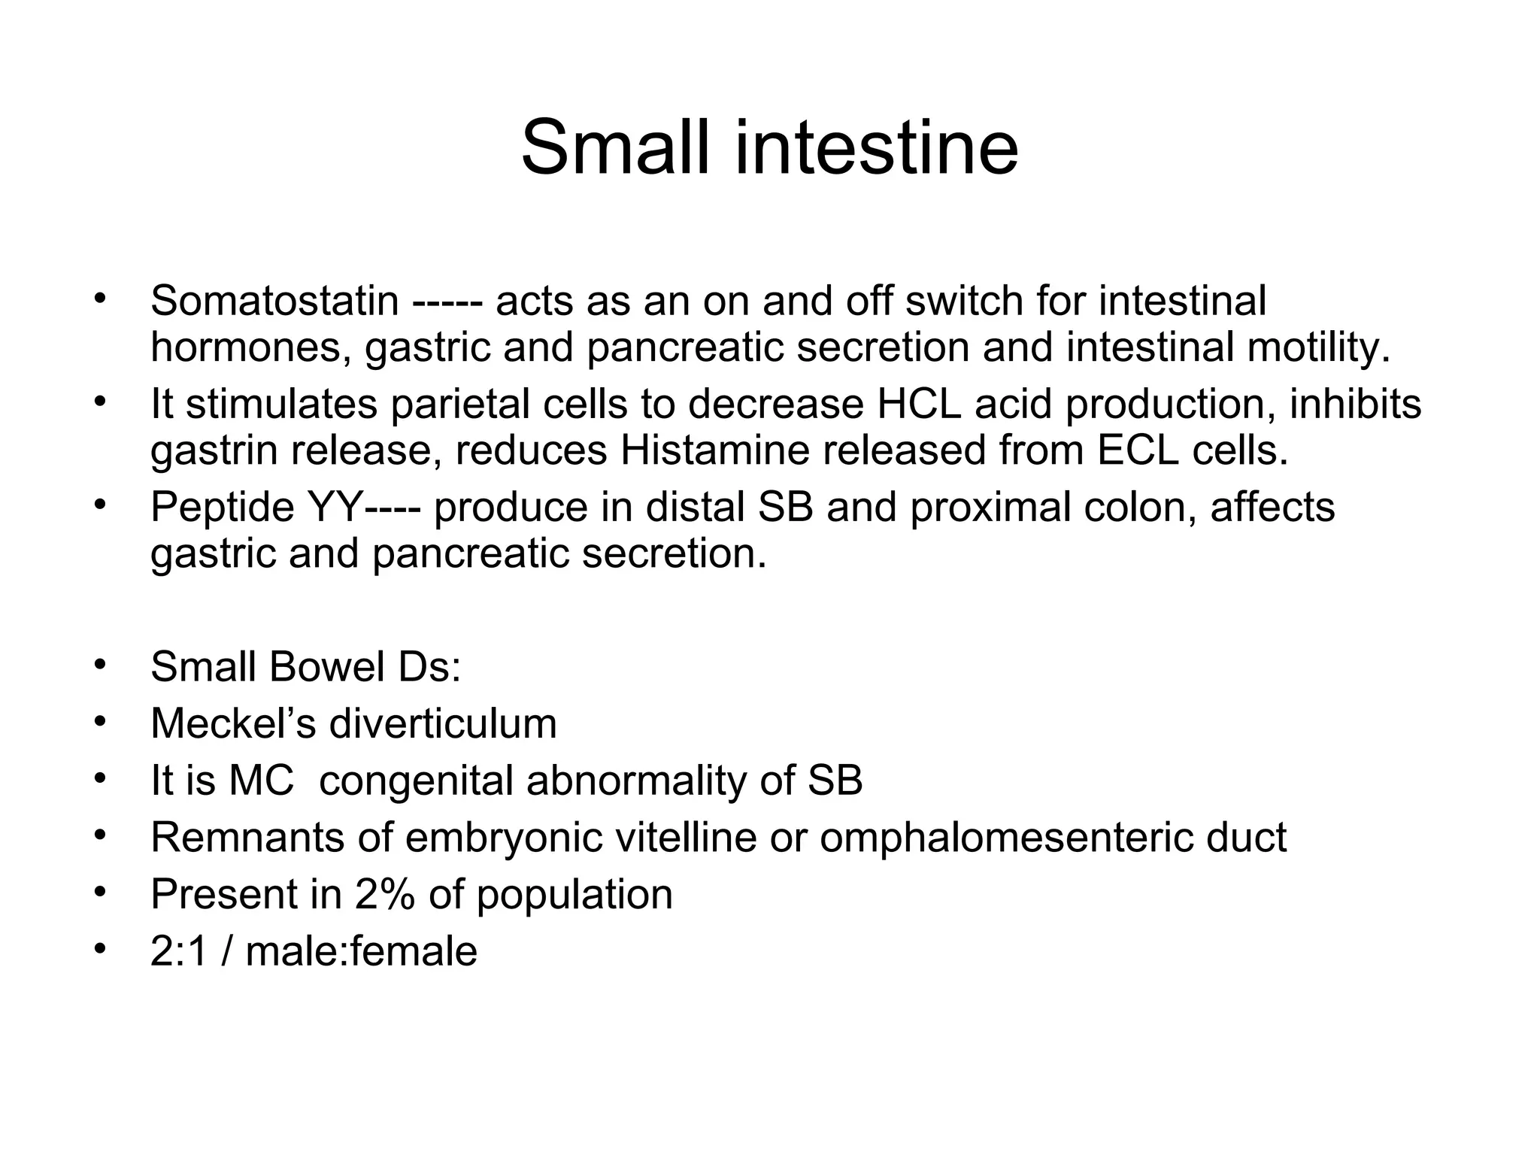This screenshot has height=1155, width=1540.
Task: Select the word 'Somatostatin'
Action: coord(274,302)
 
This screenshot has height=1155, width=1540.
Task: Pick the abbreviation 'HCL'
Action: coord(920,405)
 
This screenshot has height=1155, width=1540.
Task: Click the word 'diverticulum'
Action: coord(443,724)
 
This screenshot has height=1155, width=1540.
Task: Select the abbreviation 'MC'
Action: coord(261,781)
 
